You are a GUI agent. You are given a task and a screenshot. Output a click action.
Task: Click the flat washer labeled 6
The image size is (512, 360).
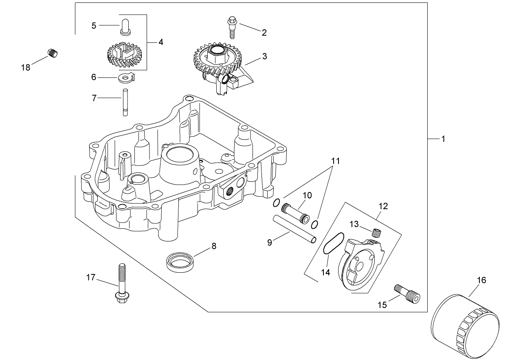click(x=127, y=77)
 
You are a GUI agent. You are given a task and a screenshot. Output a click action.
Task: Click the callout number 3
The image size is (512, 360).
click(x=264, y=56)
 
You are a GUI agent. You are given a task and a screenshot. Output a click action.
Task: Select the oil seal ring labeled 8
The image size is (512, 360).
click(x=180, y=261)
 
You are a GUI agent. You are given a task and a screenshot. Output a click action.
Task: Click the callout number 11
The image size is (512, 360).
click(x=335, y=161)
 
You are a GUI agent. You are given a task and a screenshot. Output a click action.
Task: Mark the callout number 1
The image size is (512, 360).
click(x=443, y=139)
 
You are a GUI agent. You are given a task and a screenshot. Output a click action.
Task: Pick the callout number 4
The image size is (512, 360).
click(x=161, y=42)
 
